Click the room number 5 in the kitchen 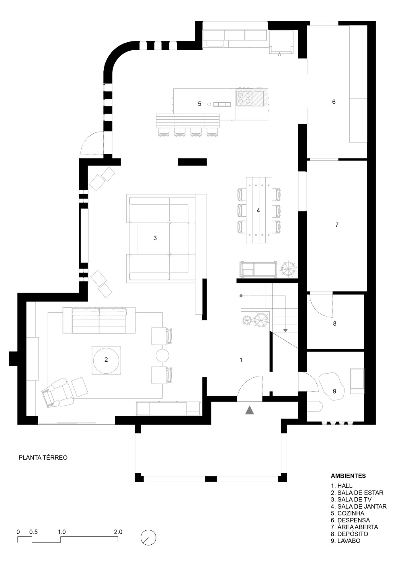pos(199,104)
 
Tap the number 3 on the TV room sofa pos(155,238)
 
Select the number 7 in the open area pos(337,225)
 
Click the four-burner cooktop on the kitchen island pos(244,98)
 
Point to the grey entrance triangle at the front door pos(250,410)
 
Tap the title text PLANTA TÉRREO pos(43,457)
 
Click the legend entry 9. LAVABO pos(345,541)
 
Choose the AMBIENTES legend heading pos(348,476)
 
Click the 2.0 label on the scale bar pos(118,532)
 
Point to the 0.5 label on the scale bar pos(33,532)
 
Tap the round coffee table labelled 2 pos(106,360)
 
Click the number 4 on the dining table pos(258,210)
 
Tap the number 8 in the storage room pos(334,323)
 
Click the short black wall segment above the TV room pos(192,162)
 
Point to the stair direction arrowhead pos(285,330)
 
